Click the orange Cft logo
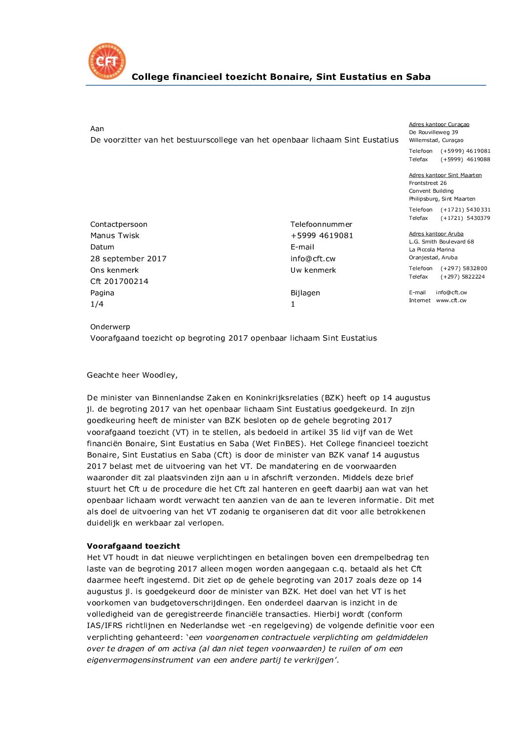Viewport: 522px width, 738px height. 107,61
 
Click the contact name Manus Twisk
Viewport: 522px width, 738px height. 115,236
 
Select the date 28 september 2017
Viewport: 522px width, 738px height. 128,259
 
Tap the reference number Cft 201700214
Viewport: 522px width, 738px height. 119,281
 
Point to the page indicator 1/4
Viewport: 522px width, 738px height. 97,304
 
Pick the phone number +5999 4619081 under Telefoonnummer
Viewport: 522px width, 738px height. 322,236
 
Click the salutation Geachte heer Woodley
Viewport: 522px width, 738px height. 132,375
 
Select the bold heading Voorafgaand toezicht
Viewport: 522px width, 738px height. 133,546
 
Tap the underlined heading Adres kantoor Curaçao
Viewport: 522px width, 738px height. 439,125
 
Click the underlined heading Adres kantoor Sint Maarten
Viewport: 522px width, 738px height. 445,175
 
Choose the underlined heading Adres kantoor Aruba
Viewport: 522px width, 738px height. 436,234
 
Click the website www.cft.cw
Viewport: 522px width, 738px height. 451,300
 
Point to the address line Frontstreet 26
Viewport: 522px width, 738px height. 428,183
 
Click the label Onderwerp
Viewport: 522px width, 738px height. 110,327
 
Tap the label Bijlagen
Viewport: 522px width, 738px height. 305,293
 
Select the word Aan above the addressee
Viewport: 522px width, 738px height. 97,129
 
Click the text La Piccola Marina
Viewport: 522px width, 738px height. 432,249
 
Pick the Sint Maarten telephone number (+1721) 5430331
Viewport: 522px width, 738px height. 465,210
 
